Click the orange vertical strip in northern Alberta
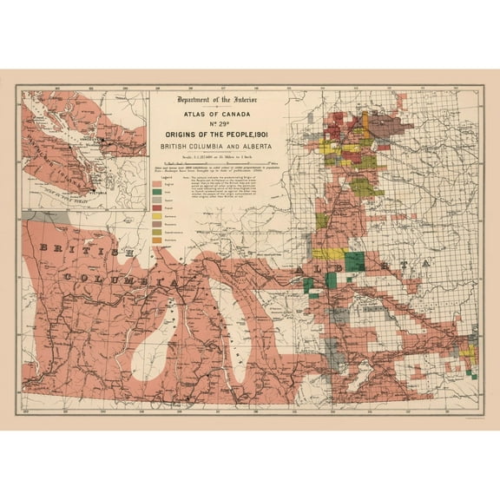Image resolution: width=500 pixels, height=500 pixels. tap(333, 139)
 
